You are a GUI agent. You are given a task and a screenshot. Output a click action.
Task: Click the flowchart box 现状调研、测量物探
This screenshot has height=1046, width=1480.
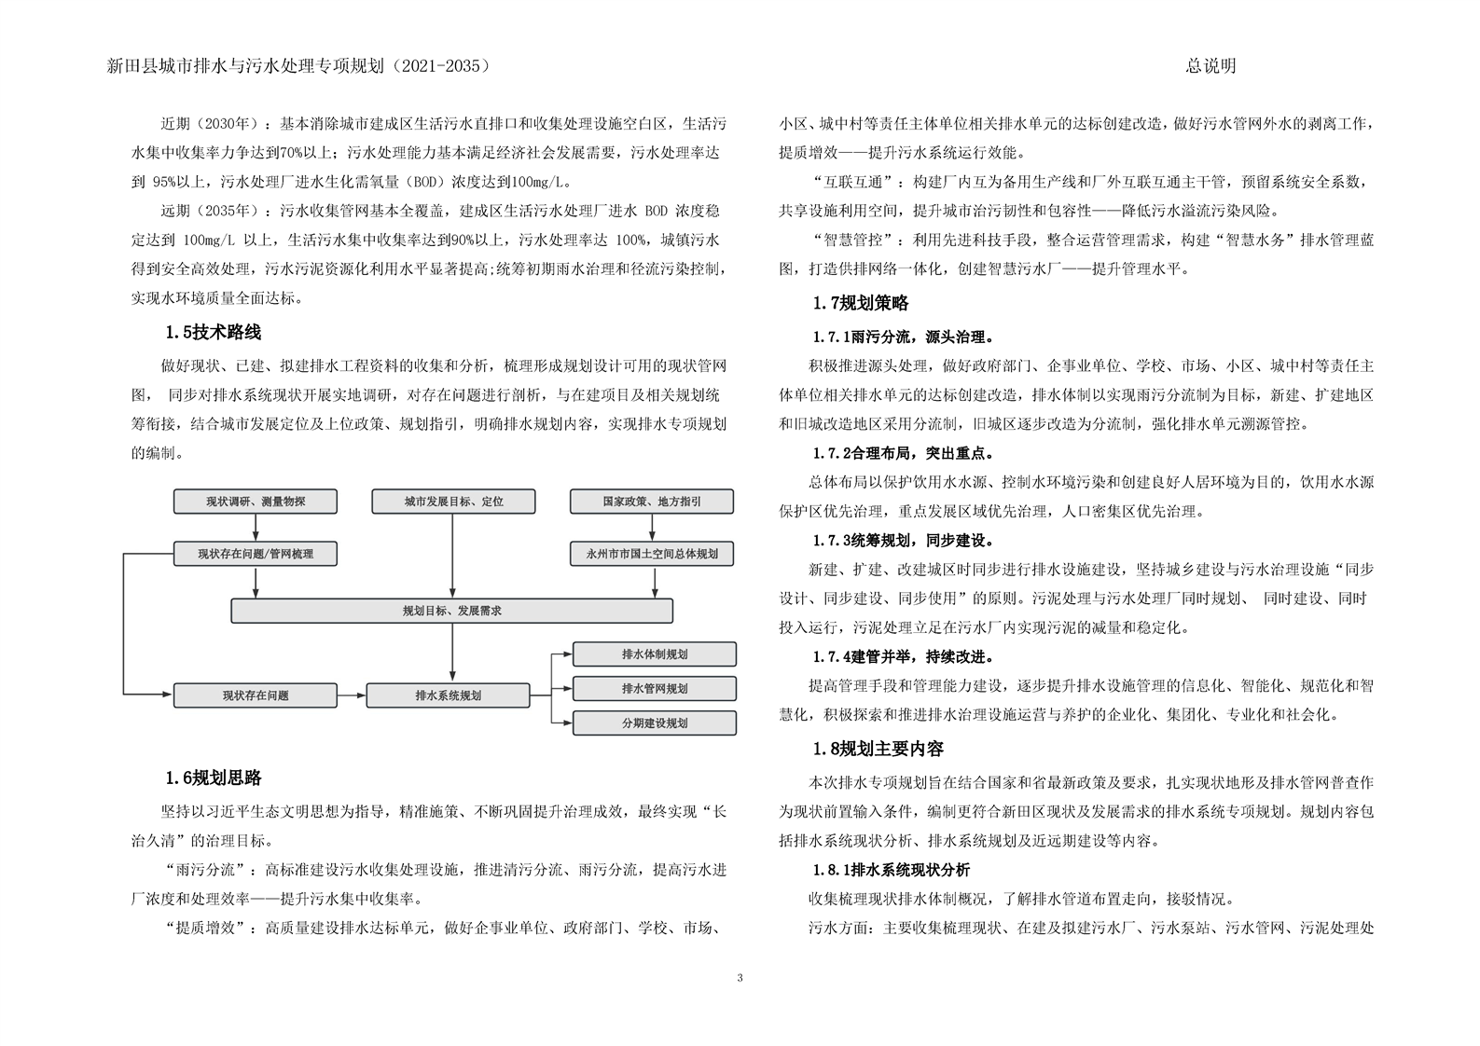coord(256,502)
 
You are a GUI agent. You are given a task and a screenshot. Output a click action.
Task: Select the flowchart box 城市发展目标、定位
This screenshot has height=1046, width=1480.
coord(453,502)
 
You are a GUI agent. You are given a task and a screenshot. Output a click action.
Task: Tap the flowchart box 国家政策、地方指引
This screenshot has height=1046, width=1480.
coord(652,502)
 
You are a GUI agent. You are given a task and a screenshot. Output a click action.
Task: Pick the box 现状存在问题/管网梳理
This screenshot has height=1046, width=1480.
coord(256,554)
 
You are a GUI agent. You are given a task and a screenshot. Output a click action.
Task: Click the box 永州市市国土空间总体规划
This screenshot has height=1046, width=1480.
coord(652,554)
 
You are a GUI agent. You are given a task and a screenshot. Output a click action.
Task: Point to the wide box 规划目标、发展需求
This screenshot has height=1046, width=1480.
coord(452,611)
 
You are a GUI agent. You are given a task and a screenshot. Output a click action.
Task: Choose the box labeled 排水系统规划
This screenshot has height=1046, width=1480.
coord(448,695)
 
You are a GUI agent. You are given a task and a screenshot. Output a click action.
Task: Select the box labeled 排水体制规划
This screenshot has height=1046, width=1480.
coord(654,654)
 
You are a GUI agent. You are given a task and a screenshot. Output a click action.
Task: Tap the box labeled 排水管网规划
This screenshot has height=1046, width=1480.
coord(654,689)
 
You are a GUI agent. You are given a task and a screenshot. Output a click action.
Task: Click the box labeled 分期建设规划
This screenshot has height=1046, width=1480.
coord(654,723)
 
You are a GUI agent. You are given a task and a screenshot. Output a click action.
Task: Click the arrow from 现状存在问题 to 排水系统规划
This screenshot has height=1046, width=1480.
coord(351,695)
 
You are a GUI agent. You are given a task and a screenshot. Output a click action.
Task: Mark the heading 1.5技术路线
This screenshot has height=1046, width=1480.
coord(213,332)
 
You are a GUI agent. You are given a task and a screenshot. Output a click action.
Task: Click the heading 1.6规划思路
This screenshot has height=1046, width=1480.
coord(213,778)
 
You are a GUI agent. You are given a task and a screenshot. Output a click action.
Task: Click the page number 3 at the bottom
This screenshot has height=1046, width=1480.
coord(740,978)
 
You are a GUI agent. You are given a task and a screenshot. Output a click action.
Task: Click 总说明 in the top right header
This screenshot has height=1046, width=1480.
coord(1210,66)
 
